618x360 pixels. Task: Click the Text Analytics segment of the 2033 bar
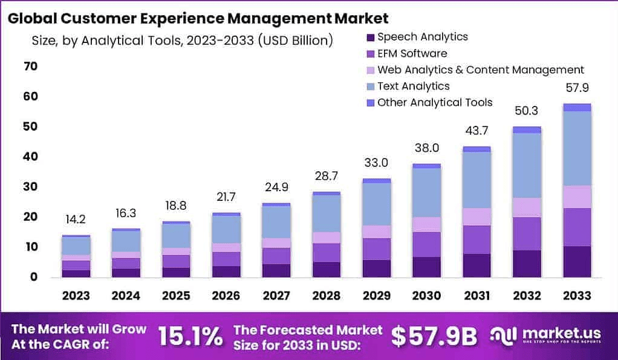click(x=576, y=148)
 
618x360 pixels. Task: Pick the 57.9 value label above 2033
click(x=576, y=88)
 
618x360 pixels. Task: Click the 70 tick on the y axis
click(x=30, y=66)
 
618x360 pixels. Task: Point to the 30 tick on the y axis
click(x=30, y=186)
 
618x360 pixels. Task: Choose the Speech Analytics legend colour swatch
click(x=371, y=37)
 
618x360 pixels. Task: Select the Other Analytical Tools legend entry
click(x=434, y=102)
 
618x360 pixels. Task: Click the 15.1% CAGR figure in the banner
click(x=190, y=336)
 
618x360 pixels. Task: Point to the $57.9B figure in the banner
click(x=434, y=336)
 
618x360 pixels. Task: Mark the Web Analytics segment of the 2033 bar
click(x=576, y=197)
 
